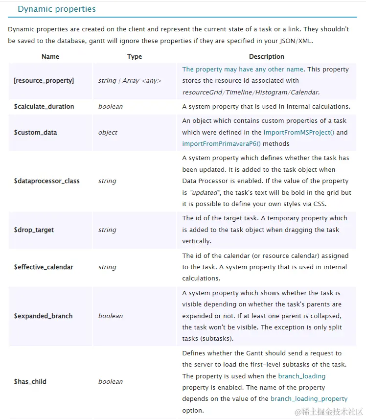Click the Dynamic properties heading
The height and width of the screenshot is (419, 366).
click(x=57, y=9)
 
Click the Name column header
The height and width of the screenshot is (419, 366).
click(x=50, y=56)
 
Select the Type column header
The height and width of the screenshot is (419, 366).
click(x=135, y=56)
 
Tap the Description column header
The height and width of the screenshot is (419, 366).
click(x=267, y=56)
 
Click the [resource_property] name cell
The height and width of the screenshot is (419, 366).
click(x=44, y=80)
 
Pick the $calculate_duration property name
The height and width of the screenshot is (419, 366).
click(x=44, y=106)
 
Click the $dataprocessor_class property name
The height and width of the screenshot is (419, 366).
click(x=47, y=181)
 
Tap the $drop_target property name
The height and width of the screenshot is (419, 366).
click(x=34, y=230)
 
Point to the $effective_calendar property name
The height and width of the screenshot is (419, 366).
click(x=44, y=267)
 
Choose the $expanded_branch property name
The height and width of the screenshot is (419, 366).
click(x=43, y=316)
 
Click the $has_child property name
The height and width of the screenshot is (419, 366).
click(x=30, y=381)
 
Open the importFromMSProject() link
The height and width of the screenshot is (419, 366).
click(x=299, y=132)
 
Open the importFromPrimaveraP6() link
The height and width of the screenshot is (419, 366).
click(x=222, y=143)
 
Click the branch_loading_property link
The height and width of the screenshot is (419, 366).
click(x=309, y=398)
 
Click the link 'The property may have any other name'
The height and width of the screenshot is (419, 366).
click(x=243, y=69)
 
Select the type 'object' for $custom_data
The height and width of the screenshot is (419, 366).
click(x=108, y=132)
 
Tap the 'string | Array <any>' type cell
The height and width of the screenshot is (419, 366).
click(x=130, y=80)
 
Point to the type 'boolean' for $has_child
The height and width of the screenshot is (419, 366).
click(x=111, y=381)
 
